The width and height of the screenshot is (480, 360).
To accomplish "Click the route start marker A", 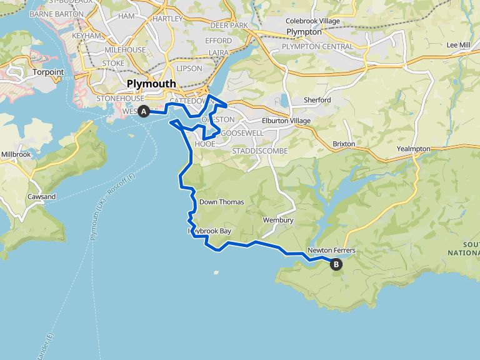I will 144,112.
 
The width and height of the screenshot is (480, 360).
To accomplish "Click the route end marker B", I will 336,264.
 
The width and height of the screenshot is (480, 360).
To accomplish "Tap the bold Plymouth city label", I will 151,84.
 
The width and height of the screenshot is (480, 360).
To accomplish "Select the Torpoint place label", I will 47,72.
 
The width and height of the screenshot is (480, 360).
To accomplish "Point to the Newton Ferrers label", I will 331,251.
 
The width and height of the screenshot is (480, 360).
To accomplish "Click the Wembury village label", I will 278,221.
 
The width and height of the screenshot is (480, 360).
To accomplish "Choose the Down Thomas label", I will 221,202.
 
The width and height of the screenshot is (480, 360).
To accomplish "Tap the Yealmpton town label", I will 414,149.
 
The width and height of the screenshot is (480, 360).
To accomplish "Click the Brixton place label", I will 344,144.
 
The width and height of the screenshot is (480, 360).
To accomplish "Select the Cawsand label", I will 41,197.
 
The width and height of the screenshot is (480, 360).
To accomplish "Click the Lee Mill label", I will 458,45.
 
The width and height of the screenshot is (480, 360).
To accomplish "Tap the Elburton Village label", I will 286,121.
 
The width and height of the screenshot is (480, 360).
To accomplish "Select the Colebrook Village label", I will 312,21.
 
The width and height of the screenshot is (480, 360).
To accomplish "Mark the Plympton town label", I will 304,32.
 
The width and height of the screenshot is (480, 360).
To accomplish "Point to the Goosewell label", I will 242,133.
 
